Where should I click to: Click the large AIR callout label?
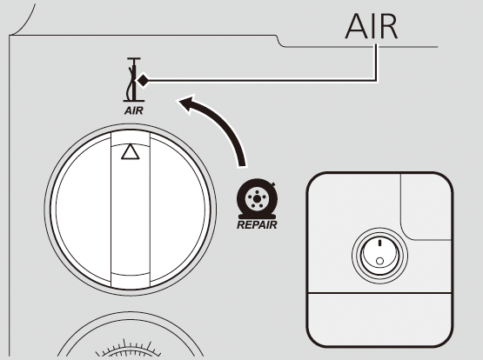tap(372, 26)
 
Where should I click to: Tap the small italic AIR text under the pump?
tap(134, 110)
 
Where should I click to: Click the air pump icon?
tap(134, 79)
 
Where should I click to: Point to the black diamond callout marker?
tap(143, 81)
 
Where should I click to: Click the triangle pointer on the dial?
tap(131, 151)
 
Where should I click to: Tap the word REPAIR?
tap(257, 225)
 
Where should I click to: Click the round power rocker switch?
tap(379, 256)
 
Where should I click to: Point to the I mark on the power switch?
tap(379, 243)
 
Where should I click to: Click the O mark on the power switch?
tap(379, 261)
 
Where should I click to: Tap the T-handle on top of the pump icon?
tap(134, 58)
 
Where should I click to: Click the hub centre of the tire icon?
tap(257, 199)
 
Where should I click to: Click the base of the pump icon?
tap(134, 101)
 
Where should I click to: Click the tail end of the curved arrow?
tap(242, 166)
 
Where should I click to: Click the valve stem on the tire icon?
tap(273, 184)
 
